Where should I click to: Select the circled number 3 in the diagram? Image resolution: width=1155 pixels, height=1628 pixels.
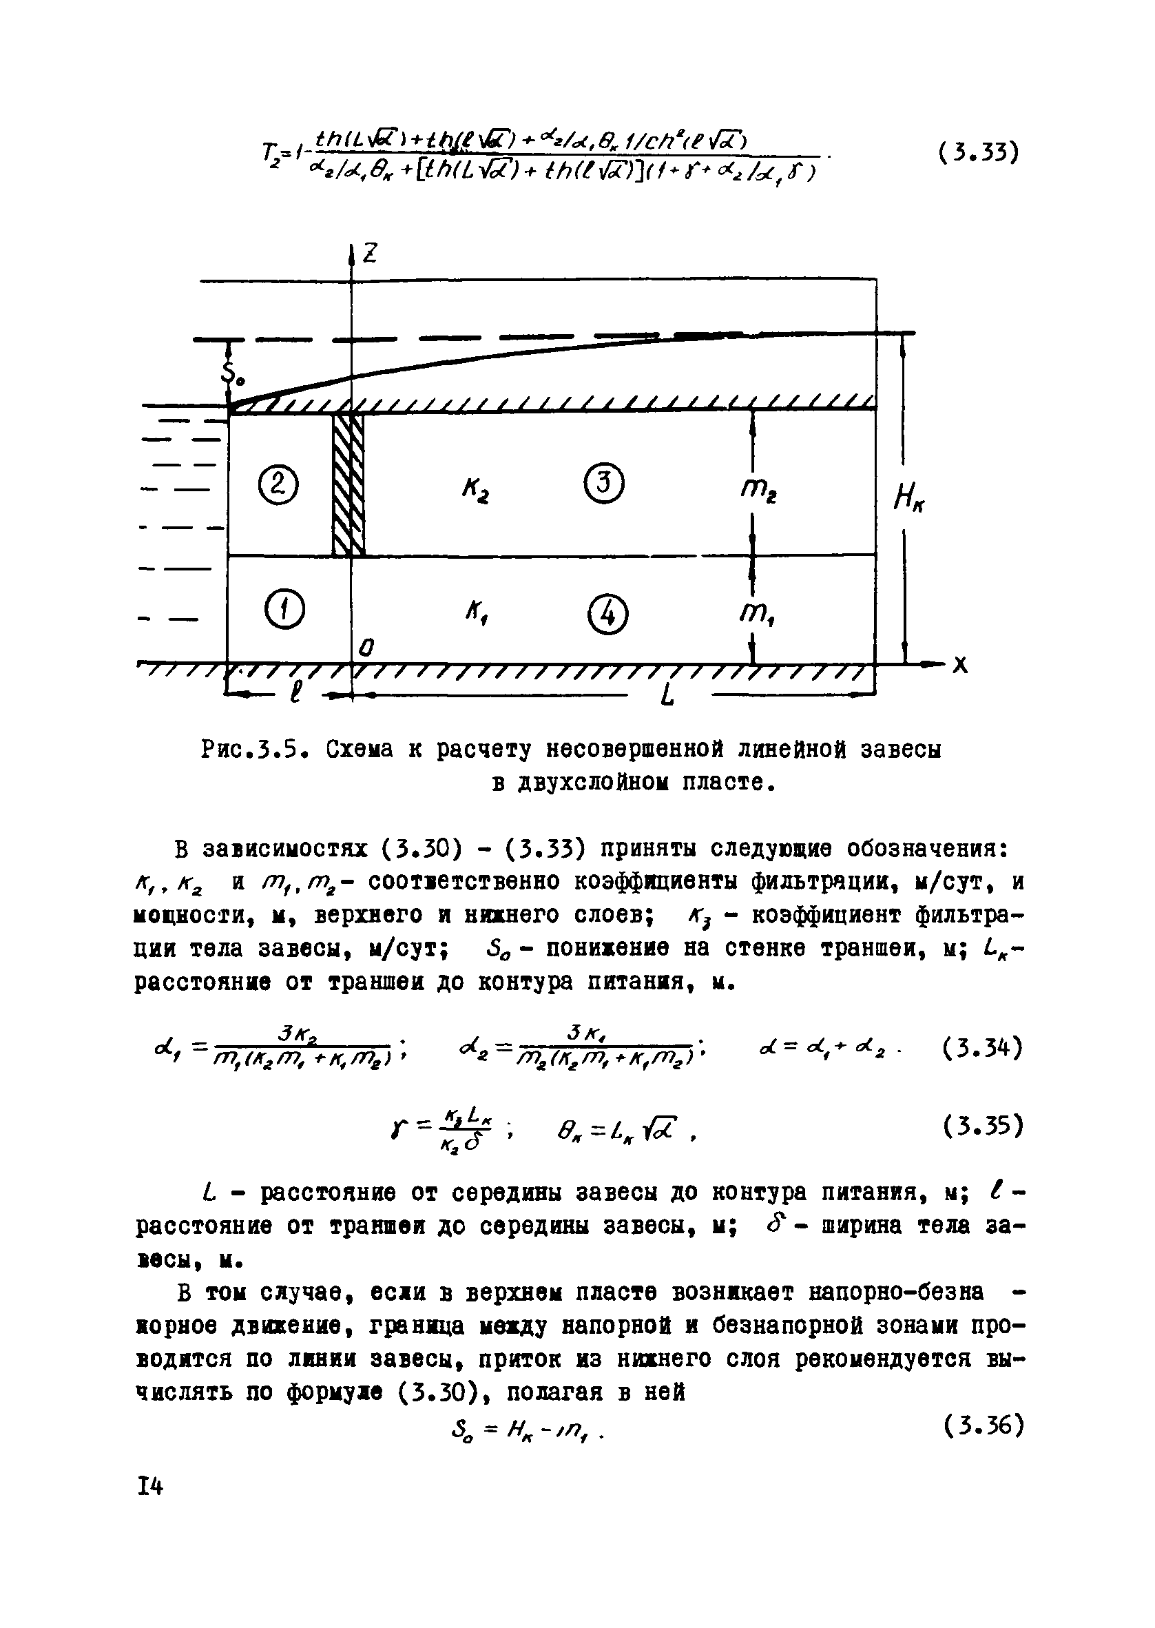pyautogui.click(x=603, y=484)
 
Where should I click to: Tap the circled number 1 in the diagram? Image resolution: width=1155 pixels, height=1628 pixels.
pyautogui.click(x=284, y=610)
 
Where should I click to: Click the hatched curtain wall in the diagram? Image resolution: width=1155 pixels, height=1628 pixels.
pyautogui.click(x=349, y=484)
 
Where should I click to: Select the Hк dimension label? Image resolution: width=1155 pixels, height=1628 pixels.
pyautogui.click(x=910, y=502)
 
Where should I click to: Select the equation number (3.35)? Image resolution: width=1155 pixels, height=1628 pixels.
pyautogui.click(x=983, y=1126)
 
